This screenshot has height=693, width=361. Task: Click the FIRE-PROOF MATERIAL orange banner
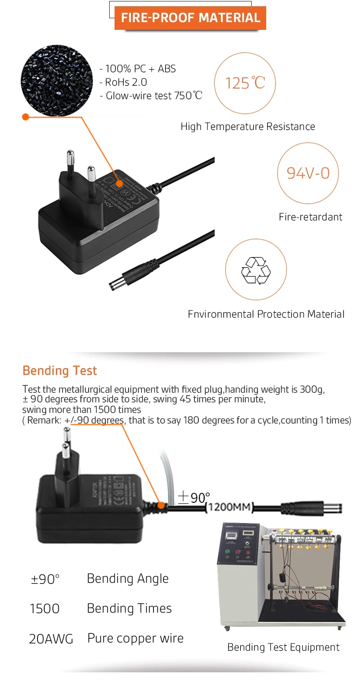(x=190, y=18)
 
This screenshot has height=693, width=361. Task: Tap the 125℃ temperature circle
(x=245, y=82)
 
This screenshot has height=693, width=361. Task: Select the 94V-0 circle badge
(x=308, y=173)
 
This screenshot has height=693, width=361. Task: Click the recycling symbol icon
(x=256, y=269)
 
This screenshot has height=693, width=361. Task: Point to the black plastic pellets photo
(x=57, y=81)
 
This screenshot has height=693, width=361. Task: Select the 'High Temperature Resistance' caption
(x=247, y=127)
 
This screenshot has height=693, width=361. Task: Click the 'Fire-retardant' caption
(x=310, y=217)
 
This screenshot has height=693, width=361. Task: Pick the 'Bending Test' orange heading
(x=60, y=371)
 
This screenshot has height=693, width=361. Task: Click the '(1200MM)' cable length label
(x=229, y=507)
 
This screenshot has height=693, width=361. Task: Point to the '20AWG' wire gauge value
(x=51, y=639)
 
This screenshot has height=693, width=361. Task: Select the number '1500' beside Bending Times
(x=45, y=609)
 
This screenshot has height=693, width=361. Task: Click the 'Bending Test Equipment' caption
(x=283, y=647)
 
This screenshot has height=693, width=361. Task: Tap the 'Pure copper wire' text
(x=135, y=639)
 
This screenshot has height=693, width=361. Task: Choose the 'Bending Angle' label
(x=128, y=578)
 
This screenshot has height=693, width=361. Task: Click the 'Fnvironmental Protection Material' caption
(x=266, y=314)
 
